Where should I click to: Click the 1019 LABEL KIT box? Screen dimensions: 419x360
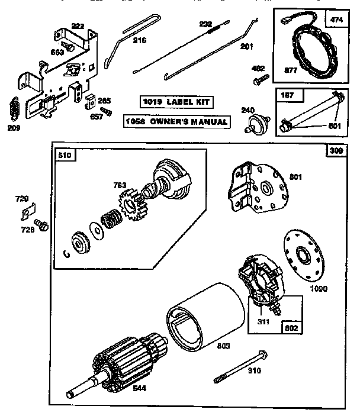point(176,101)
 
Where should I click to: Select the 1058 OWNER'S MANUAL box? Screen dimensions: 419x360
point(176,122)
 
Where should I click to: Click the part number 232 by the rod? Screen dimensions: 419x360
point(205,24)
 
